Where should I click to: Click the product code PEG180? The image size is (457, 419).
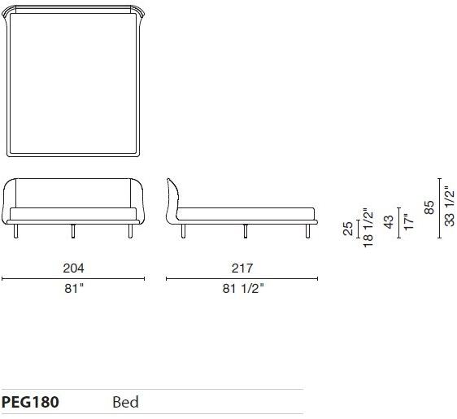pyautogui.click(x=29, y=402)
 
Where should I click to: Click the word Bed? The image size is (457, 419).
pyautogui.click(x=125, y=402)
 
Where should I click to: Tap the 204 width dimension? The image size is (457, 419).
pyautogui.click(x=73, y=268)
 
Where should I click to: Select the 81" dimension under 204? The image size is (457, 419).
pyautogui.click(x=74, y=288)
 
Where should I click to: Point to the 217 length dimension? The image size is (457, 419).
pyautogui.click(x=242, y=268)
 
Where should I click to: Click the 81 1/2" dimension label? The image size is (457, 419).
pyautogui.click(x=243, y=288)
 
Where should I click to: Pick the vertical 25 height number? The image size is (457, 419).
pyautogui.click(x=348, y=229)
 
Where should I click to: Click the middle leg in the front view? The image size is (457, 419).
pyautogui.click(x=73, y=232)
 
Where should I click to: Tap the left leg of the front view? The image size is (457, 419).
pyautogui.click(x=16, y=233)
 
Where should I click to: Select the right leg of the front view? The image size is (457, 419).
pyautogui.click(x=130, y=232)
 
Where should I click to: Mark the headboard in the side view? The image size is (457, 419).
pyautogui.click(x=172, y=199)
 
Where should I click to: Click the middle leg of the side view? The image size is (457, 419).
pyautogui.click(x=245, y=232)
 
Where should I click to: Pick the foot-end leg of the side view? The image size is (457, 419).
pyautogui.click(x=307, y=232)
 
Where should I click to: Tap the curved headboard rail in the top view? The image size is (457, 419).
pyautogui.click(x=73, y=9)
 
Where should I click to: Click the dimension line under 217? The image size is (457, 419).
pyautogui.click(x=242, y=278)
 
